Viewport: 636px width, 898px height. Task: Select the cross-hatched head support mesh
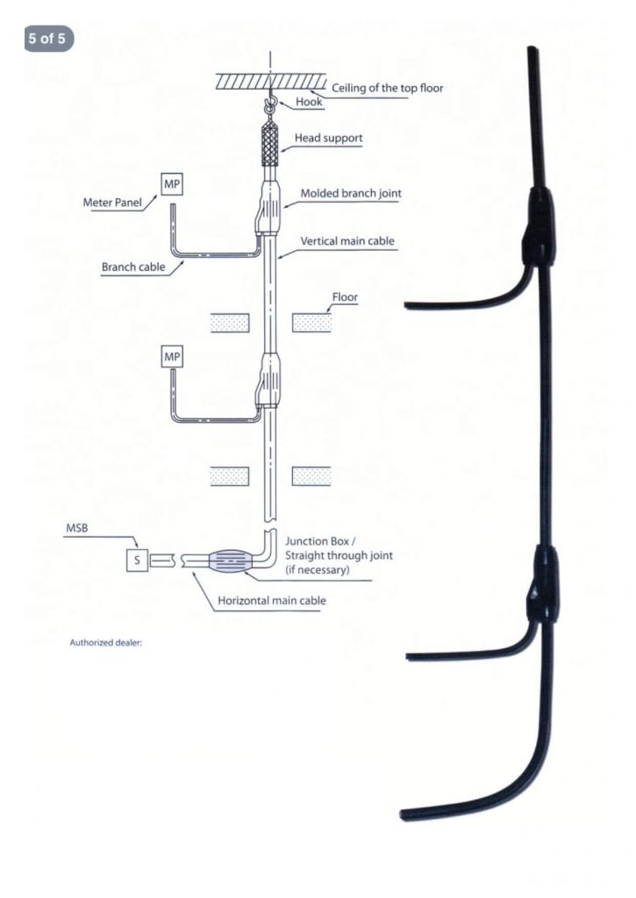click(x=271, y=146)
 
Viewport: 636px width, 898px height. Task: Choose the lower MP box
click(x=172, y=358)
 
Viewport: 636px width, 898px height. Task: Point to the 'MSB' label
click(x=76, y=529)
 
